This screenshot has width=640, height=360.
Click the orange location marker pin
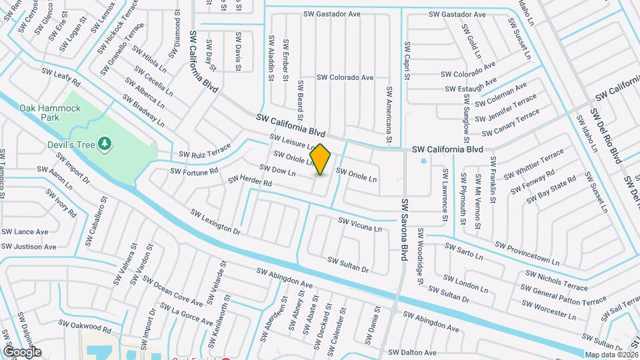pos(321,159)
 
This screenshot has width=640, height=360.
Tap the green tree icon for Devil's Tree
pos(103,143)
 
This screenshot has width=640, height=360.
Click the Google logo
pos(22,352)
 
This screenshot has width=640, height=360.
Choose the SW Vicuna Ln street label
pos(360,224)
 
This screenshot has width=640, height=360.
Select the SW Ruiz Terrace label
pos(204,151)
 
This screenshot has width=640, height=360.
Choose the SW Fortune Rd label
pos(194,171)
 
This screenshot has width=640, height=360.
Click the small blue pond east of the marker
pos(423,161)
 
